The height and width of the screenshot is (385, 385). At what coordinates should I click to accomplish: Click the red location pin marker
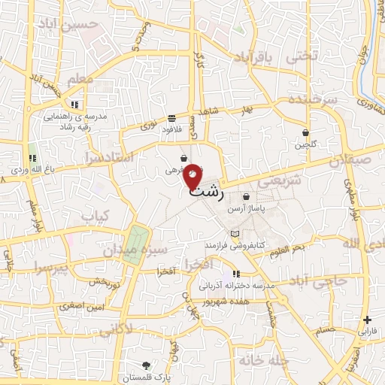click(193, 176)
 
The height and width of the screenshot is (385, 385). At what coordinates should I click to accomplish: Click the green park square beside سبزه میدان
click(133, 244)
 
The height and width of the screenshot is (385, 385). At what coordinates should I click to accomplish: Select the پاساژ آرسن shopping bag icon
click(246, 197)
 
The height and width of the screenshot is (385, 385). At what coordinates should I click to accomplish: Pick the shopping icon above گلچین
click(306, 132)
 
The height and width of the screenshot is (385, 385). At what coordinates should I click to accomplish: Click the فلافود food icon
click(172, 118)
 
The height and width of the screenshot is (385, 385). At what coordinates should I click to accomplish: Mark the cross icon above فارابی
click(367, 319)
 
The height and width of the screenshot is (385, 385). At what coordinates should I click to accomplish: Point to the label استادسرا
click(111, 157)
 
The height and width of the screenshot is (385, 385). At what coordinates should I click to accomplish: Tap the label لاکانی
click(115, 328)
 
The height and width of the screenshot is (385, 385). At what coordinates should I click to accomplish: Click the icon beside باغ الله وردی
click(32, 158)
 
